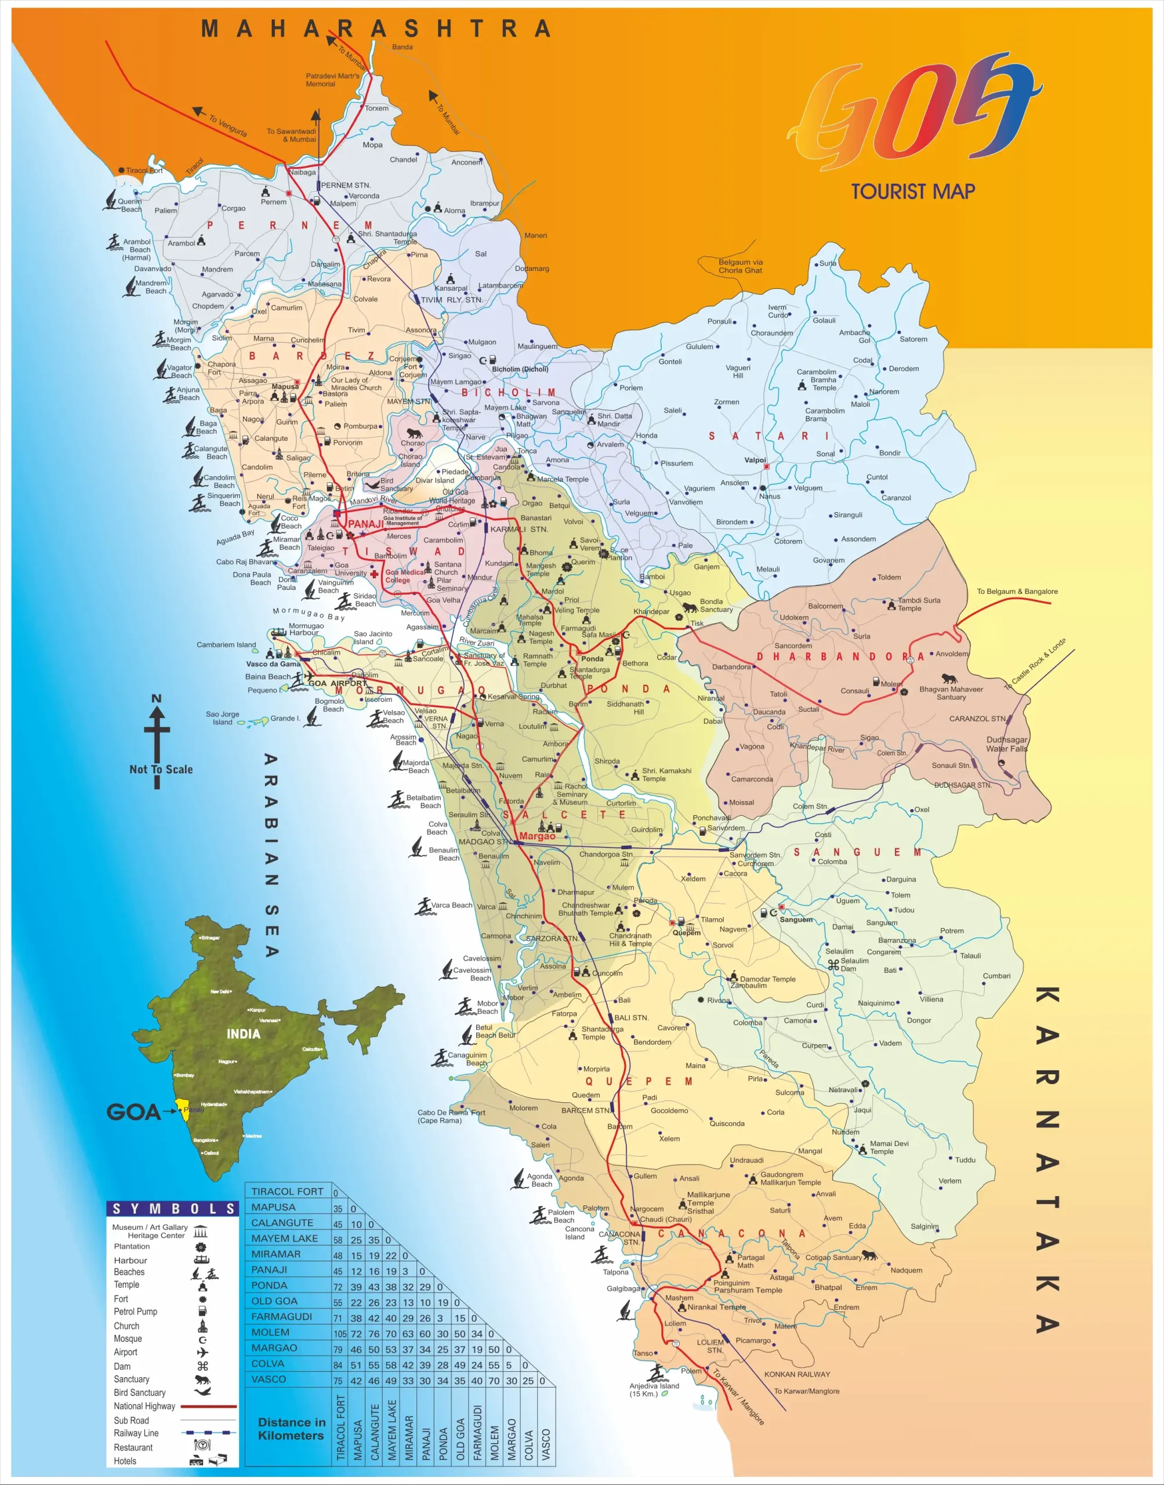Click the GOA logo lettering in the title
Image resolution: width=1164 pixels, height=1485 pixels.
913,113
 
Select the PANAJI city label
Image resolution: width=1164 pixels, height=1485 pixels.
366,524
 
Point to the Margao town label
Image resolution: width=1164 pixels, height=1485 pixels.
537,836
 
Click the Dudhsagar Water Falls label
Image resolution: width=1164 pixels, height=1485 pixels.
1007,744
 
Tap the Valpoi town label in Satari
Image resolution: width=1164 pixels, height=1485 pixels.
755,460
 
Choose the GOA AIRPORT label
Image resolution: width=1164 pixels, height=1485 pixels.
338,683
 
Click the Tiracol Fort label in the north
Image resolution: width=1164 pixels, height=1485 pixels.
144,171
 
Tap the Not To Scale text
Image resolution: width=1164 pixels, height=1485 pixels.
161,769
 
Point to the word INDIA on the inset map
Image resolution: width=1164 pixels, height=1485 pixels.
243,1034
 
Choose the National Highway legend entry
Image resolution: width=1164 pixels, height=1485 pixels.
144,1406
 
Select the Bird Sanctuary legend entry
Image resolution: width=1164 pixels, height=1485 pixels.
140,1392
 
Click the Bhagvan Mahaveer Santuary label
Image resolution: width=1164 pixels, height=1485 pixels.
951,693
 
